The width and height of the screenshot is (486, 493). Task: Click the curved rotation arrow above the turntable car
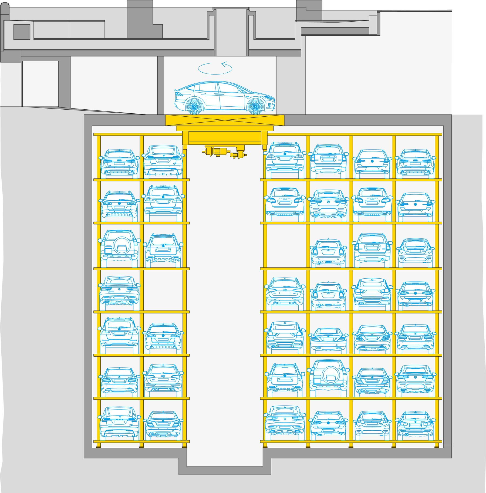215,68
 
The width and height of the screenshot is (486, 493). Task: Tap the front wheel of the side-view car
255,106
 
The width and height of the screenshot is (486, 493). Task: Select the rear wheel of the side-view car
194,106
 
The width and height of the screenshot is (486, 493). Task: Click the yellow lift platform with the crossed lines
225,120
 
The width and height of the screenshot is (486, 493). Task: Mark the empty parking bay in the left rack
163,290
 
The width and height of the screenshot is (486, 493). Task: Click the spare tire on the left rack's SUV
122,245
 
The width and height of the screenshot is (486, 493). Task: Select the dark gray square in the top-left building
22,32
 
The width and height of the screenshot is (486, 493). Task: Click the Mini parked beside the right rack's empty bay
328,252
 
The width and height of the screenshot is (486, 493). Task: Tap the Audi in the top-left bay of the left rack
119,163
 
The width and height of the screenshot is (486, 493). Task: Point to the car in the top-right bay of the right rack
416,163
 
